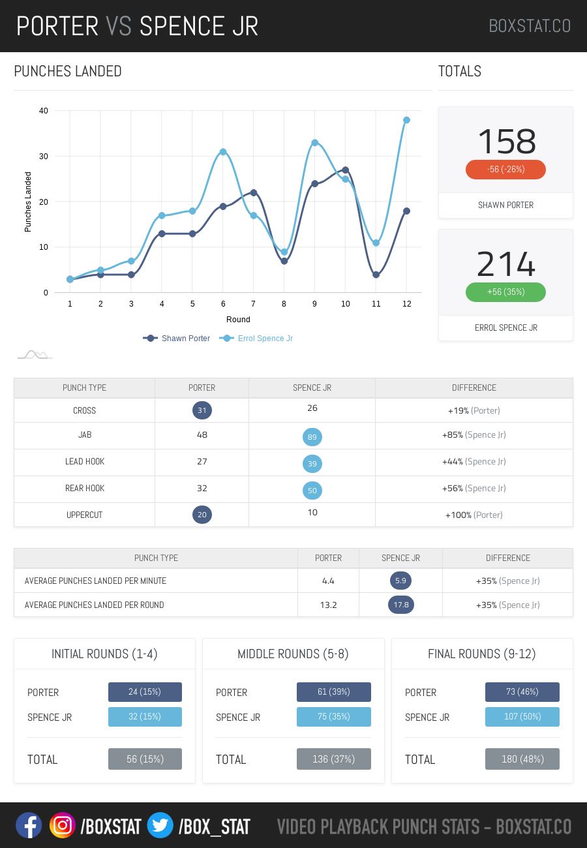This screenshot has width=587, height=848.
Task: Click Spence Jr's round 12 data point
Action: click(x=406, y=120)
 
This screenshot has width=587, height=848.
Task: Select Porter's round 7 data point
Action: click(x=253, y=192)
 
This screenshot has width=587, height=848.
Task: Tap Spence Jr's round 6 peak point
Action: click(x=223, y=152)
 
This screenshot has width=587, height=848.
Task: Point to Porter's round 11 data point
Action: click(x=376, y=275)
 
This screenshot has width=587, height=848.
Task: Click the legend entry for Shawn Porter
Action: click(x=177, y=339)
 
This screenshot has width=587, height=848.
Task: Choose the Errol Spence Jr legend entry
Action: click(x=257, y=339)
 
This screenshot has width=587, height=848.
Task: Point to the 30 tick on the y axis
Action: click(x=44, y=157)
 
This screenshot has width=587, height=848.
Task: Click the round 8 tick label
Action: click(x=284, y=304)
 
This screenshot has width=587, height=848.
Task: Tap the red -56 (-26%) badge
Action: click(x=505, y=170)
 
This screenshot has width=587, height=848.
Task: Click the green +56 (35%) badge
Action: click(x=505, y=292)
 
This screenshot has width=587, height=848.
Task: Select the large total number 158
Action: click(x=506, y=141)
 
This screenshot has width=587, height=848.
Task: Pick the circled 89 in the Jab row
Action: click(x=312, y=437)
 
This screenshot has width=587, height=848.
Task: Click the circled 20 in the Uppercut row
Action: click(x=202, y=515)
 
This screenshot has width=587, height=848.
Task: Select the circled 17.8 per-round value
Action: click(x=401, y=605)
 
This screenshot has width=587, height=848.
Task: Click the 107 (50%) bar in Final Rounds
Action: click(x=522, y=717)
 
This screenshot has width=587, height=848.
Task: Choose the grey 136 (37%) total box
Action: click(x=334, y=759)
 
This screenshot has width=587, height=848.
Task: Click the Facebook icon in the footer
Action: click(x=29, y=826)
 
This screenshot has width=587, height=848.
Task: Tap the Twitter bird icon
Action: click(x=160, y=826)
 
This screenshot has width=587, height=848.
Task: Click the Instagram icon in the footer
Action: click(x=63, y=826)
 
